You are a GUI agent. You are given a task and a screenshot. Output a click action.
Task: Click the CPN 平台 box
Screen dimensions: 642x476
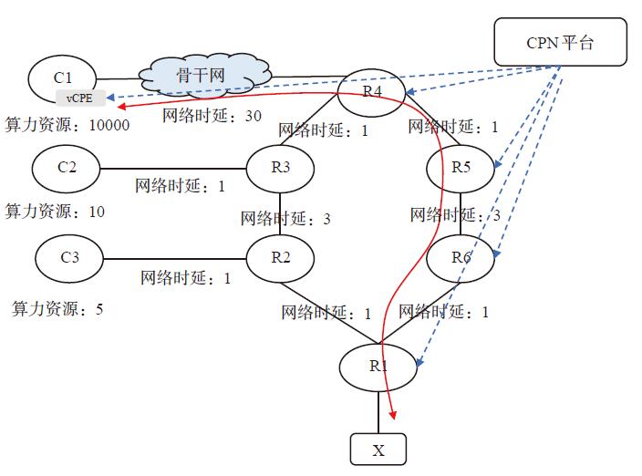click(x=560, y=42)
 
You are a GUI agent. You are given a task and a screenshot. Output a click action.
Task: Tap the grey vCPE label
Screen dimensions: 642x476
click(x=80, y=98)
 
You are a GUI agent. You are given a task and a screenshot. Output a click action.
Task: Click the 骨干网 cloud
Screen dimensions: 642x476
click(x=204, y=76)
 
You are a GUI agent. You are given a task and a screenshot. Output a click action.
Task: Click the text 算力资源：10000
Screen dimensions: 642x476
click(x=67, y=124)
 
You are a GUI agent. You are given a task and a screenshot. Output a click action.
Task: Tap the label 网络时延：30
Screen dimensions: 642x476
click(x=212, y=116)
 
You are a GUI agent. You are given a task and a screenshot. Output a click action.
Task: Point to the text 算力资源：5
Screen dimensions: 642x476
click(x=57, y=308)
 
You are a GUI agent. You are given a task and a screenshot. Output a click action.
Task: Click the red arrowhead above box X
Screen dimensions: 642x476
click(x=393, y=415)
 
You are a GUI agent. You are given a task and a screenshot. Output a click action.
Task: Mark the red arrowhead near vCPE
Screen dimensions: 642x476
click(x=121, y=107)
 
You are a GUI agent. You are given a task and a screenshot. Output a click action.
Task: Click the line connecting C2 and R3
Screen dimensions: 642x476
click(x=173, y=169)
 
